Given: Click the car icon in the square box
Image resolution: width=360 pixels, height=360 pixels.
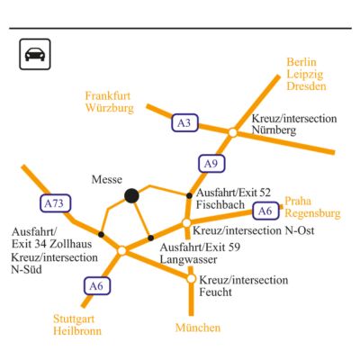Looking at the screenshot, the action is pyautogui.click(x=35, y=54).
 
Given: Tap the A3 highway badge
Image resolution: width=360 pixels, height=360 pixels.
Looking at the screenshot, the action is pyautogui.click(x=184, y=122).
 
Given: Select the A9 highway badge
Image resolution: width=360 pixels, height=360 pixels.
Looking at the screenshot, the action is pyautogui.click(x=211, y=164).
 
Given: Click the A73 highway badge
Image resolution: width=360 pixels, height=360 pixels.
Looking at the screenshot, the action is pyautogui.click(x=56, y=203).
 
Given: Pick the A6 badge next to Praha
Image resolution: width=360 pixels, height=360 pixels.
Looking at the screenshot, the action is pyautogui.click(x=265, y=211).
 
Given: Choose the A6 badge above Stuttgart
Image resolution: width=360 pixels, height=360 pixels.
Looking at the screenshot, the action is pyautogui.click(x=97, y=286).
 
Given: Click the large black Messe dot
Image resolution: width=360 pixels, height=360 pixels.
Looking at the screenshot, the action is pyautogui.click(x=131, y=196).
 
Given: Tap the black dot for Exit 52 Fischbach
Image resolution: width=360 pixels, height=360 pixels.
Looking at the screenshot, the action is pyautogui.click(x=189, y=195).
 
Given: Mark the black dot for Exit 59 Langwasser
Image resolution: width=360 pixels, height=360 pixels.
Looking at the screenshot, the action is pyautogui.click(x=151, y=238).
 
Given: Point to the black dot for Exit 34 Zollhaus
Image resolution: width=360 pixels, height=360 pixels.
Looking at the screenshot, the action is pyautogui.click(x=101, y=234).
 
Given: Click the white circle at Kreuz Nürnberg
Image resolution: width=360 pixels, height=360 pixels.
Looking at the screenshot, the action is pyautogui.click(x=232, y=132).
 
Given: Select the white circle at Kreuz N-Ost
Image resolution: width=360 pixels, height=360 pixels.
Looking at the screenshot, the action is pyautogui.click(x=186, y=223).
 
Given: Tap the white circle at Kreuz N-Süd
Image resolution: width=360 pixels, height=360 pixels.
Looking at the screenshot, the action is pyautogui.click(x=121, y=250).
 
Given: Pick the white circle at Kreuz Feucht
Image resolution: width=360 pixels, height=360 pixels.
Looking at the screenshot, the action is pyautogui.click(x=191, y=279).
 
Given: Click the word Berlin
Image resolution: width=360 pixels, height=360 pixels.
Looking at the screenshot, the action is pyautogui.click(x=301, y=62).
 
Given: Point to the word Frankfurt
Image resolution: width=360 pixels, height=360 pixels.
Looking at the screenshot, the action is pyautogui.click(x=108, y=96).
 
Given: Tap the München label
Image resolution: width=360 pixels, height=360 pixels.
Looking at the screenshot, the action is pyautogui.click(x=198, y=328).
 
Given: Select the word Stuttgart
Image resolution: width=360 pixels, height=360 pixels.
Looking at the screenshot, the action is pyautogui.click(x=74, y=319).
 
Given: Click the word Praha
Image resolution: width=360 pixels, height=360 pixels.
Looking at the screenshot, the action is pyautogui.click(x=298, y=201).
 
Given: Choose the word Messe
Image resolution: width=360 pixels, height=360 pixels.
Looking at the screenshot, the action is pyautogui.click(x=107, y=179).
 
